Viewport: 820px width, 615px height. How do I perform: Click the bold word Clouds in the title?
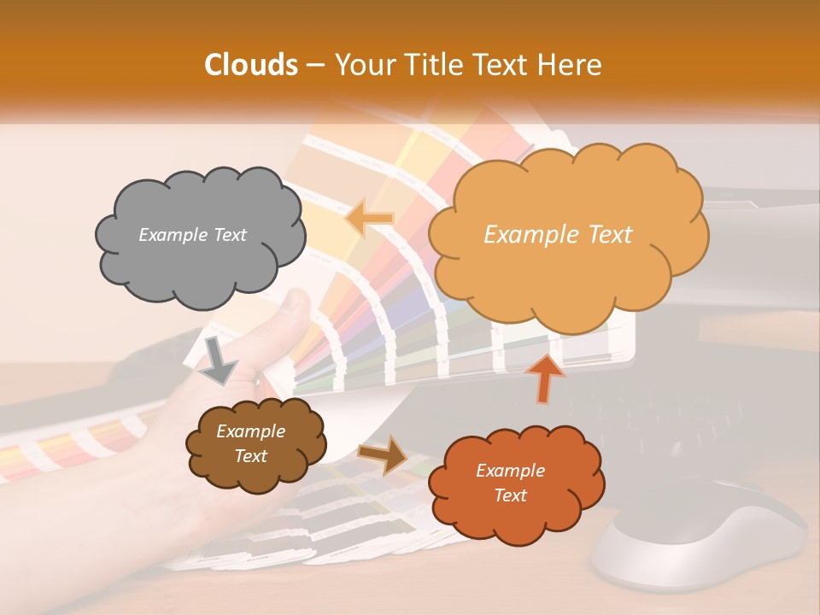tap(251, 65)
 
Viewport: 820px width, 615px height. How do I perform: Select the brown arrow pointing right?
tap(384, 454)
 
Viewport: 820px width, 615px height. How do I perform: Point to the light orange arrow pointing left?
tap(369, 218)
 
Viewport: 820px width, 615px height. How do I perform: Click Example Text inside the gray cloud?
tap(192, 235)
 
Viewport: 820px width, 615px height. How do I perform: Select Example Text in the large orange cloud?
tap(558, 235)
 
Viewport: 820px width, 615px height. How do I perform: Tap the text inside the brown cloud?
tap(250, 444)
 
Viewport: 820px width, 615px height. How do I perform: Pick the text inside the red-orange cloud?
tap(510, 483)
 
